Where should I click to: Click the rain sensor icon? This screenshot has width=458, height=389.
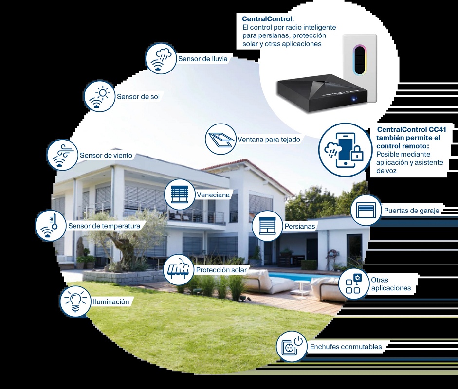coord(161,58)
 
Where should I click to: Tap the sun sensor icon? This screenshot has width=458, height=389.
coord(99,96)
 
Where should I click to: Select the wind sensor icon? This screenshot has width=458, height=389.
coord(62,155)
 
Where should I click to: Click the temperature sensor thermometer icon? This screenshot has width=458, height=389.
coord(51,226)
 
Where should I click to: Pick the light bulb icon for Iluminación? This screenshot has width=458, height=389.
coord(75,301)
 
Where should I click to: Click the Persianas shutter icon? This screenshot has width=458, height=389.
coord(268,226)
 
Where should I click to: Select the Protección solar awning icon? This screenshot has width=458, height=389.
coord(179,270)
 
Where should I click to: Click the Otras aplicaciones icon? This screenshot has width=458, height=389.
coord(353,284)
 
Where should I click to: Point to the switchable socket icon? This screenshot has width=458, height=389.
coord(292,346)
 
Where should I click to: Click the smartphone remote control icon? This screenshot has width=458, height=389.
coord(346,150)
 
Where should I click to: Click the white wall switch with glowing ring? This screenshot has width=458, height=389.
coord(360,68)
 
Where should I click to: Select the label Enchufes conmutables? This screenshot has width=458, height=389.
coord(346,347)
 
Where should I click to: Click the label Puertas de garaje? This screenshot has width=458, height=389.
coord(412,211)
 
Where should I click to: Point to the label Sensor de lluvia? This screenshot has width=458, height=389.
coord(202,59)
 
